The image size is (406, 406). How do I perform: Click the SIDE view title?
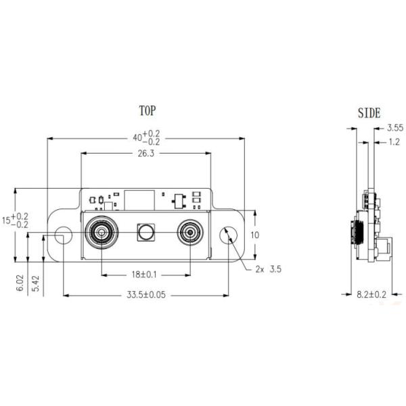coord(368,113)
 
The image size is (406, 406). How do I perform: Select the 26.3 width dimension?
coord(145,154)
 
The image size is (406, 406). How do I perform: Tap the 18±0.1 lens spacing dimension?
coord(145,274)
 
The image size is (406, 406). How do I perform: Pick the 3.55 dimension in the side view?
coord(394,127)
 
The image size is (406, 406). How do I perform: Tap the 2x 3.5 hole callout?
coord(267,269)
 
